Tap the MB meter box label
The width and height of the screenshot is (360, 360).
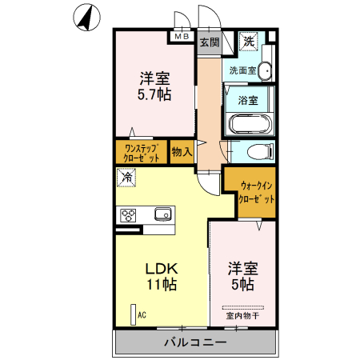point(181,36)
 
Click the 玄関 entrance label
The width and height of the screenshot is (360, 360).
point(209,42)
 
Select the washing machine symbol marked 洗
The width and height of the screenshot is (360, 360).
point(250,42)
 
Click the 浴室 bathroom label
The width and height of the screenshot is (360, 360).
point(248,101)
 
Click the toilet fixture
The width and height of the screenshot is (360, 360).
point(258,152)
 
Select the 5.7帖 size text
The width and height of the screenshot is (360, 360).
point(154,94)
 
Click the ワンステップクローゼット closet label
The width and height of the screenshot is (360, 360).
point(142,152)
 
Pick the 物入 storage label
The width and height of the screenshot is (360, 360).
point(182,151)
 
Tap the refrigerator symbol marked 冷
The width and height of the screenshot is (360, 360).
point(126,178)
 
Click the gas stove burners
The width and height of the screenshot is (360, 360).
point(128,214)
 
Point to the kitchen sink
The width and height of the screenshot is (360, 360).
point(162,214)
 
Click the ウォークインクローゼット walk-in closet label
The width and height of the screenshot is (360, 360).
point(257,193)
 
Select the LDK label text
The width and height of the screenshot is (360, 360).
point(160,268)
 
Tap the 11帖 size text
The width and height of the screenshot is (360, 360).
point(160,284)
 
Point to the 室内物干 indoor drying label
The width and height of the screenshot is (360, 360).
point(242,316)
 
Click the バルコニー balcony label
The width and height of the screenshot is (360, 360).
point(195,342)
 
